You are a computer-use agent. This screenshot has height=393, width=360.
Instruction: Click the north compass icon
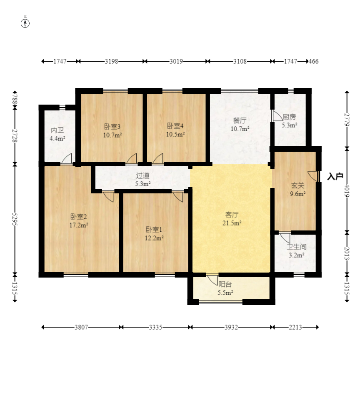(25, 23)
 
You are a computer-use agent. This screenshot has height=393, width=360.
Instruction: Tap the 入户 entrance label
(335, 176)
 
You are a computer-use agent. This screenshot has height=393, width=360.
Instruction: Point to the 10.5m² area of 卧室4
(175, 134)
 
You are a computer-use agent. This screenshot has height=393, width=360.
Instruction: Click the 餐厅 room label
(240, 120)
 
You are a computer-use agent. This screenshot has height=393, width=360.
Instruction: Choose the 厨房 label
(289, 117)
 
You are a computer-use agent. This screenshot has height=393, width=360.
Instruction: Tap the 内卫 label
(57, 130)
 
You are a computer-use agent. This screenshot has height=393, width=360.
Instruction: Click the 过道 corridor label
(142, 175)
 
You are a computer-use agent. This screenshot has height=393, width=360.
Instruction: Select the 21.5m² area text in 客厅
(232, 223)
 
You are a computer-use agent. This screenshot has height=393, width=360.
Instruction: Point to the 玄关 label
(297, 185)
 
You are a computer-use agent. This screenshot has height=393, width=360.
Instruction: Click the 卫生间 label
(297, 247)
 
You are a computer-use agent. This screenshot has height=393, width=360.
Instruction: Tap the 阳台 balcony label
(225, 284)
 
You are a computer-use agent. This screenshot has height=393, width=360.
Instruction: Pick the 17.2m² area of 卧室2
(79, 225)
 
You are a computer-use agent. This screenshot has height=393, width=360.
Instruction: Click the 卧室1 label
(154, 230)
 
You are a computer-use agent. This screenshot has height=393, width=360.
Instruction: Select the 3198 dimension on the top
(111, 61)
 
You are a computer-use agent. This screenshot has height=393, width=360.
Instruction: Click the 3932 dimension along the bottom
(231, 327)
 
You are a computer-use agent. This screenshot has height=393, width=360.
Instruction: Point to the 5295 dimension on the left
(15, 219)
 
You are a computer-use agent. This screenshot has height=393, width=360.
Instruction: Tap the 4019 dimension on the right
(347, 190)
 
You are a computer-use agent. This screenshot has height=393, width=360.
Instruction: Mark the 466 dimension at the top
(313, 61)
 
